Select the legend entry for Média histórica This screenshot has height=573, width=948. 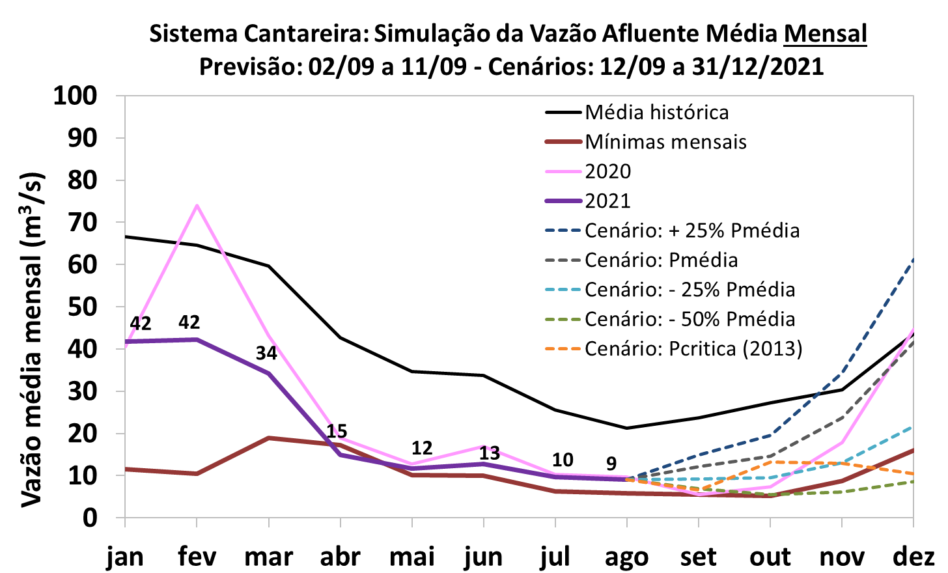(656, 112)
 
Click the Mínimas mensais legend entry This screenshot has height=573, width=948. (665, 142)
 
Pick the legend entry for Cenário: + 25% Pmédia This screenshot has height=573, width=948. (692, 231)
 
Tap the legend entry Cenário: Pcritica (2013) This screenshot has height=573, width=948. (693, 348)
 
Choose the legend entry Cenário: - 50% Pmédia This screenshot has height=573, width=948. (690, 319)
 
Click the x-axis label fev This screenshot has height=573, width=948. (196, 557)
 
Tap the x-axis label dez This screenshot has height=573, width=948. (913, 557)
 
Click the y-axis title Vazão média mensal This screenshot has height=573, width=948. (33, 339)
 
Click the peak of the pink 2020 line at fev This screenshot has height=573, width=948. (197, 206)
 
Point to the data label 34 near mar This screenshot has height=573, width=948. (266, 354)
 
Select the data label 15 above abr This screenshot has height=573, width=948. (337, 431)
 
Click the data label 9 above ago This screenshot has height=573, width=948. (611, 464)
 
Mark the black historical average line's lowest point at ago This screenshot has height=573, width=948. (626, 428)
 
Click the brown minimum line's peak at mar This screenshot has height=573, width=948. (268, 438)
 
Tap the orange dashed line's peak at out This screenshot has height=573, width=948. (770, 462)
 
